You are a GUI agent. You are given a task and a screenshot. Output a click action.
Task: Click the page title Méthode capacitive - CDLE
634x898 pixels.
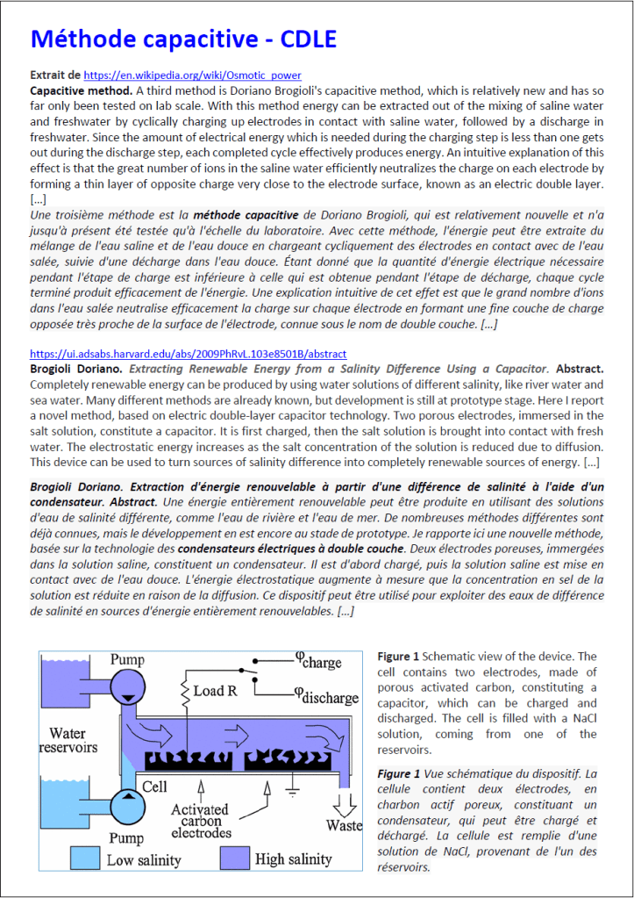[183, 39]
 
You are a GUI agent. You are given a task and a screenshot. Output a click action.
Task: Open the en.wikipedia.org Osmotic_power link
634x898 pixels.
[192, 75]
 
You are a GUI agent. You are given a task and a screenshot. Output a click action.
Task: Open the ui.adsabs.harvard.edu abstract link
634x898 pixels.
[188, 354]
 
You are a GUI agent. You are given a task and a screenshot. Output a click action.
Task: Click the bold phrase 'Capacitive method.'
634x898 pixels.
[81, 90]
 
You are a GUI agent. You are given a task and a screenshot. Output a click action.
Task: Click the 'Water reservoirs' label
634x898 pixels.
[68, 740]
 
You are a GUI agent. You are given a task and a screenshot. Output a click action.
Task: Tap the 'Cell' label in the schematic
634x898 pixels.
[155, 787]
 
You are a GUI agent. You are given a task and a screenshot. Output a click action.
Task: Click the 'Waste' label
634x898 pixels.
[344, 825]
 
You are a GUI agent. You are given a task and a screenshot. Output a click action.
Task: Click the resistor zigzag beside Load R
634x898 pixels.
[185, 691]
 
